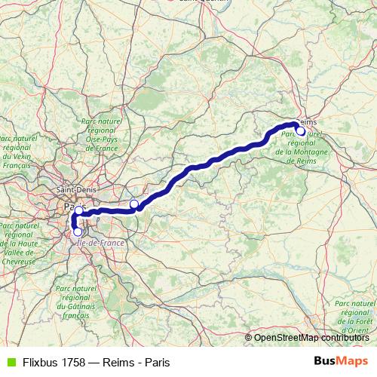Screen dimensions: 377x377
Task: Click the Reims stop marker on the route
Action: (x=301, y=131)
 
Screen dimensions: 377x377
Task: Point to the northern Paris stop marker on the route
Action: (x=78, y=210)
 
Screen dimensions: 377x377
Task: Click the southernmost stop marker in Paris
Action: (x=78, y=231)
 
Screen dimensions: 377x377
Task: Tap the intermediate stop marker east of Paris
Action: (x=134, y=204)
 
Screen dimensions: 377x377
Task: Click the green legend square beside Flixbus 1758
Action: (x=11, y=361)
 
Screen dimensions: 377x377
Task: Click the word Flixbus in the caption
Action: (x=41, y=361)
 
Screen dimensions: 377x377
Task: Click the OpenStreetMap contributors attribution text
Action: (x=311, y=338)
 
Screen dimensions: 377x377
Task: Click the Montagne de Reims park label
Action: (x=300, y=147)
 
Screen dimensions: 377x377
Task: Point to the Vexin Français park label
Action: (x=17, y=152)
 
